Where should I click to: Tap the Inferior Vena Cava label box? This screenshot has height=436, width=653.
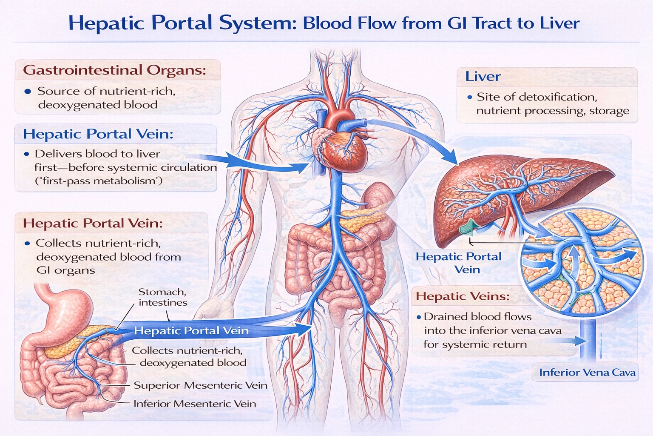[x=587, y=373]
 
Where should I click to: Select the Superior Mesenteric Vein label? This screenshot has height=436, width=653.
[x=200, y=385]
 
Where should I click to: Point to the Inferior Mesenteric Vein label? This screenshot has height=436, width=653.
[x=195, y=404]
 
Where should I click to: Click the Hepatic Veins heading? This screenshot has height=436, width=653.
[x=463, y=296]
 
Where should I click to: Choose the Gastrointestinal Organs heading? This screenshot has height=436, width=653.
[x=114, y=70]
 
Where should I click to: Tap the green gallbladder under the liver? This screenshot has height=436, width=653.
[x=467, y=228]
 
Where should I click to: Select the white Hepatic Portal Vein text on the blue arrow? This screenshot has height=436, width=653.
[x=191, y=331]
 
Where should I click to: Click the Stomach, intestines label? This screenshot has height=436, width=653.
[x=162, y=297]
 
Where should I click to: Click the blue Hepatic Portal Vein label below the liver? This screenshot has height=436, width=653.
[x=459, y=263]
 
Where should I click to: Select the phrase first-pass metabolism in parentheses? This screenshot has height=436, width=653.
[x=99, y=181]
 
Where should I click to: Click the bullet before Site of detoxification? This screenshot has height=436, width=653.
[x=469, y=98]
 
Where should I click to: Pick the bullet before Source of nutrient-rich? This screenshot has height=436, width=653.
[x=28, y=92]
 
